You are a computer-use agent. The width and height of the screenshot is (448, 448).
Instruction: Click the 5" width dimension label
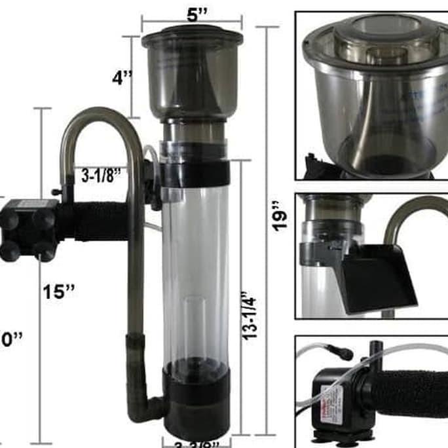tap(193, 14)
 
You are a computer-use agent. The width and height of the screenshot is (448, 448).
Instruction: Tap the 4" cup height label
tap(122, 78)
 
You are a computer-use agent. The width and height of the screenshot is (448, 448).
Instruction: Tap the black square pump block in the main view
tap(28, 229)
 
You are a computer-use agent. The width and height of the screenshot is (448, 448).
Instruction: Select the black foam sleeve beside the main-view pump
tap(98, 221)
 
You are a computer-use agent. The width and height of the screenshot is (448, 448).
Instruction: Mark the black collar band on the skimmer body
tap(196, 172)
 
